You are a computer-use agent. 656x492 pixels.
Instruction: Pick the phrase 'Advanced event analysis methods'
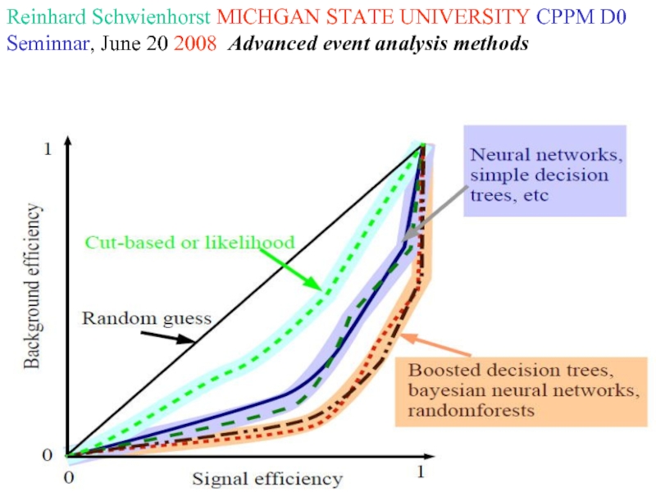tap(378, 43)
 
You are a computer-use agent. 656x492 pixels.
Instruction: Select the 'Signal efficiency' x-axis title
tap(266, 478)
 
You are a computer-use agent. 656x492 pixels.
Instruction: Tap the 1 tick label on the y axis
tap(47, 148)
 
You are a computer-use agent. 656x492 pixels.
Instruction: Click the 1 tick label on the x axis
tap(421, 473)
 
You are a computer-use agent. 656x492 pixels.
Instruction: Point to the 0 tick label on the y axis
tap(48, 454)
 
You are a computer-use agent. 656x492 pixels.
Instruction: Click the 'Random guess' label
tap(147, 317)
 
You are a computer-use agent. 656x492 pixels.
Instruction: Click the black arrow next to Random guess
tap(167, 336)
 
